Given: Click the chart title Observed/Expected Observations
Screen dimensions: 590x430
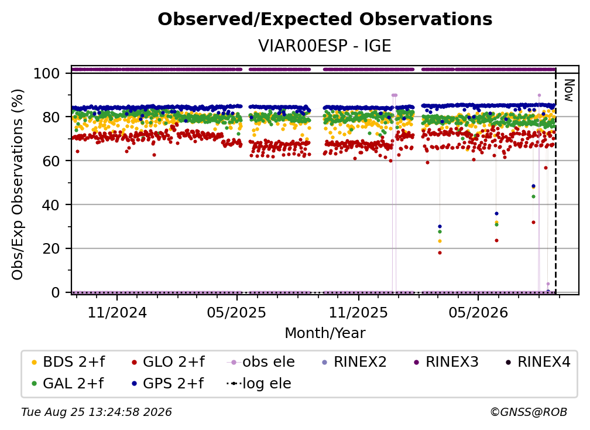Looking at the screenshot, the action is (325, 19).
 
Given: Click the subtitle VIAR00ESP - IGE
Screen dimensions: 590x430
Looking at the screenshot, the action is (325, 46).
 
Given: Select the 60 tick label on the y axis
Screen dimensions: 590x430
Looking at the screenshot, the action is (51, 161).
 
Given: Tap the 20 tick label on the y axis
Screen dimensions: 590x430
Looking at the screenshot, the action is (51, 248).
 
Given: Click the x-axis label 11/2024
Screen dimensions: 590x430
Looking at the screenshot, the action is (117, 312).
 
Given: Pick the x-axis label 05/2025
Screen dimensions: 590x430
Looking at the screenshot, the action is (236, 312).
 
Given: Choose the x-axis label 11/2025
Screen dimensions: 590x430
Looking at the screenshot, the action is (359, 312).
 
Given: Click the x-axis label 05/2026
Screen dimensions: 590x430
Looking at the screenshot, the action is (478, 312).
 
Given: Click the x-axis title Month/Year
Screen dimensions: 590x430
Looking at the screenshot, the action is (325, 333).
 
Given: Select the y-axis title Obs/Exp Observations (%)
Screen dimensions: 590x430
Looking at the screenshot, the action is (18, 185).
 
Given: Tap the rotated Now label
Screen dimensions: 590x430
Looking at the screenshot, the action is (569, 90).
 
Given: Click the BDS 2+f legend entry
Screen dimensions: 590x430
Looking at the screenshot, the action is (73, 362).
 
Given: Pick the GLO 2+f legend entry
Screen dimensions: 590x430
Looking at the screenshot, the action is (173, 362).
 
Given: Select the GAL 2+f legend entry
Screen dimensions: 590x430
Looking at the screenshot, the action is (73, 384).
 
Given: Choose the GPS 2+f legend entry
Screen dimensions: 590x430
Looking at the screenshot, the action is (173, 384).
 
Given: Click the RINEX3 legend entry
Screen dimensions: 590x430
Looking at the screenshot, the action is (451, 362).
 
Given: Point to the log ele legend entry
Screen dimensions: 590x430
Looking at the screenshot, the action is (266, 384).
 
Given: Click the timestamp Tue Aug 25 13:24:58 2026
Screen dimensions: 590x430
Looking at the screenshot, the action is (97, 412).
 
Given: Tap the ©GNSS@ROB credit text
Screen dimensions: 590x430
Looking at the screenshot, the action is (529, 412).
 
